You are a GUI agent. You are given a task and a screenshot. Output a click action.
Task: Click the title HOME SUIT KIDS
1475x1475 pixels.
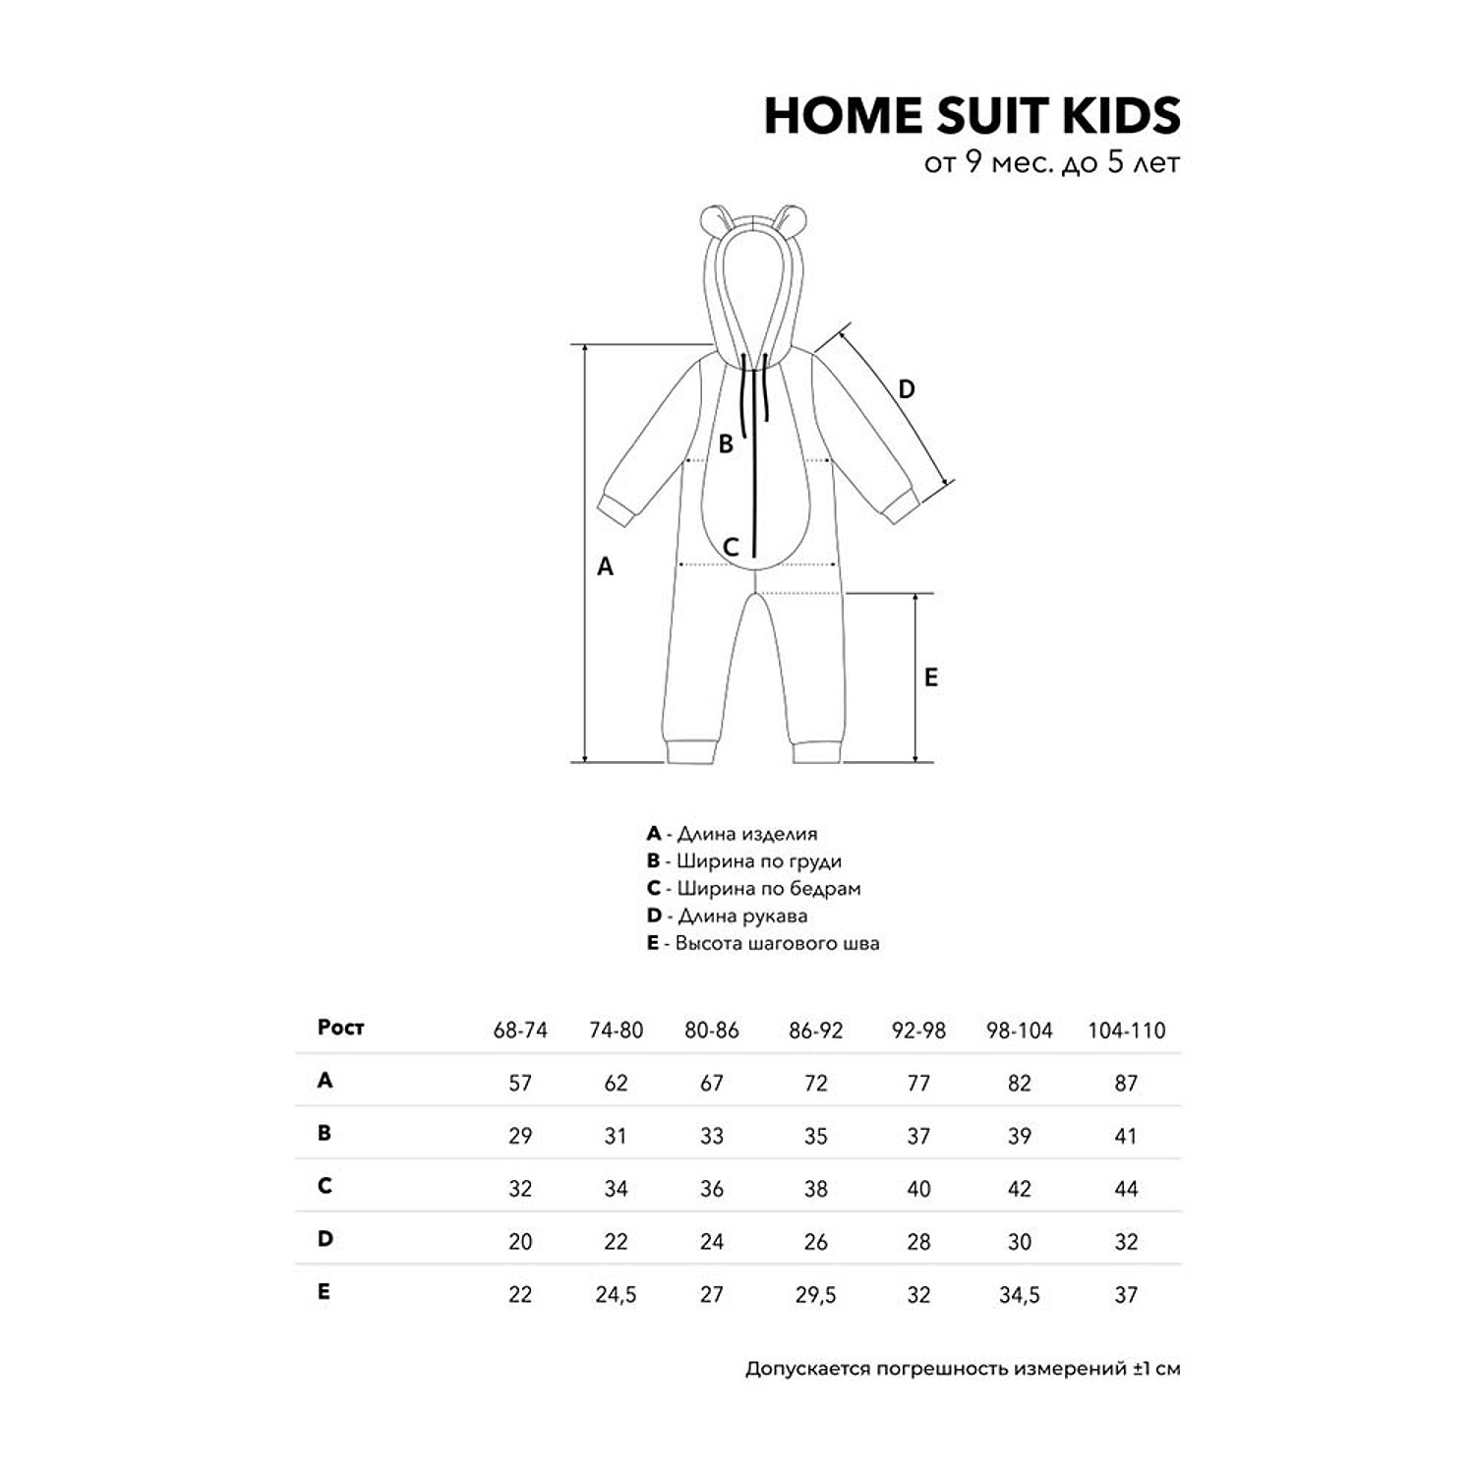972,116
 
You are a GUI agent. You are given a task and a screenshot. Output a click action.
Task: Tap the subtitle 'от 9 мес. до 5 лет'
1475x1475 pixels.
1051,162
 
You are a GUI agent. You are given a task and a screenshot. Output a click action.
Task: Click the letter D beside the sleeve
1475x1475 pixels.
906,389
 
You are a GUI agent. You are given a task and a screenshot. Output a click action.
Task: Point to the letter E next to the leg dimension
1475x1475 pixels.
930,678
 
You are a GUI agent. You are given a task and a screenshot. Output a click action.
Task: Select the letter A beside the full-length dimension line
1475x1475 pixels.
606,566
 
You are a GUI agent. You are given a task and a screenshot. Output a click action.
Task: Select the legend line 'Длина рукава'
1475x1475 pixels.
728,915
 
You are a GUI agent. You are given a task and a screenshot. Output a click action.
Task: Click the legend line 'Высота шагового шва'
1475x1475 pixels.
763,943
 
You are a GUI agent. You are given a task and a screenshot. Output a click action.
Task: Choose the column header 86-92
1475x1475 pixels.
815,1031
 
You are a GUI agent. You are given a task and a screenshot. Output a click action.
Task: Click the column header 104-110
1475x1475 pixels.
1126,1031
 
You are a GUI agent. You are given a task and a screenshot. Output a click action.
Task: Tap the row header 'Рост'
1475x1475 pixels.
340,1028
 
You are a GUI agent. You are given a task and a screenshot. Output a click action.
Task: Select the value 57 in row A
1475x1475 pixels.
520,1084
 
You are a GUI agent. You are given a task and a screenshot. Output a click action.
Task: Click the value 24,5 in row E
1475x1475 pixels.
616,1295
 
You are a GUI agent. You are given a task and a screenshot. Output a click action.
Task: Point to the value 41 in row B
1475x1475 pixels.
1126,1137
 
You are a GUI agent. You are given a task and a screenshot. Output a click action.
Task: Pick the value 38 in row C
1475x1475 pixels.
815,1189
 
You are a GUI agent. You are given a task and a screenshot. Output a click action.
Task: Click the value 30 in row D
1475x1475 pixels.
1019,1242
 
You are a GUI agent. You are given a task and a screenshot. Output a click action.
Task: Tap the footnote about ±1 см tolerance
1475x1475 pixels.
962,1369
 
